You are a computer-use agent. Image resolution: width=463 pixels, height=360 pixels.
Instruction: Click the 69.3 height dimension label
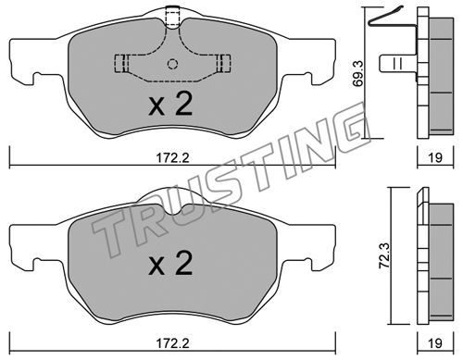pyautogui.click(x=358, y=73)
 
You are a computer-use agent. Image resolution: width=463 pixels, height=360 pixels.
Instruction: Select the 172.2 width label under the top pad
pyautogui.click(x=172, y=158)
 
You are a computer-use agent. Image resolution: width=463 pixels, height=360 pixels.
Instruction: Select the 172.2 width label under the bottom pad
pyautogui.click(x=172, y=343)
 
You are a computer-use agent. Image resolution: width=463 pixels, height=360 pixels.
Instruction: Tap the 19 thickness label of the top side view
pyautogui.click(x=435, y=157)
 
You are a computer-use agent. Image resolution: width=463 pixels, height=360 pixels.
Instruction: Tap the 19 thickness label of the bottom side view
pyautogui.click(x=435, y=343)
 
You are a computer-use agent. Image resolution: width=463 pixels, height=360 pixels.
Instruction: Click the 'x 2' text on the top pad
pyautogui.click(x=170, y=104)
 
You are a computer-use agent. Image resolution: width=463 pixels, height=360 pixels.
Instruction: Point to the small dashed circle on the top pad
pyautogui.click(x=172, y=64)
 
